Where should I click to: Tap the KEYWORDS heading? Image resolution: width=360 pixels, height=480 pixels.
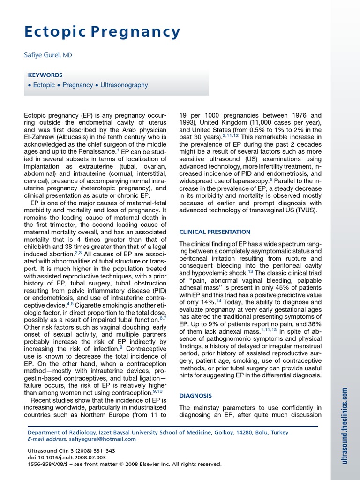[x=45, y=75]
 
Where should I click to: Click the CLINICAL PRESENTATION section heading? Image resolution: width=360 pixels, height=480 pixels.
[x=215, y=232]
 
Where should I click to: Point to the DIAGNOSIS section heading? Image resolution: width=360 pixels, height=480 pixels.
[x=196, y=396]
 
